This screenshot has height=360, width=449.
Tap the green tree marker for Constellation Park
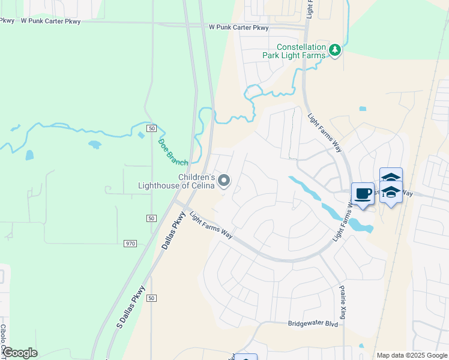tap(336, 50)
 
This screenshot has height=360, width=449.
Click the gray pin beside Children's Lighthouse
tap(224, 179)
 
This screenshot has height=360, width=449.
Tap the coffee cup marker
tap(362, 194)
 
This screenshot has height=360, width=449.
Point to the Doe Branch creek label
tap(173, 152)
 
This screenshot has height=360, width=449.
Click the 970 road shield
tap(131, 244)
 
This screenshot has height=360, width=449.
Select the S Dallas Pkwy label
tap(131, 307)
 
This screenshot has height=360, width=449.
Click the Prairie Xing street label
tap(343, 301)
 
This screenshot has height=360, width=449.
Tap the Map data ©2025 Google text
tap(411, 355)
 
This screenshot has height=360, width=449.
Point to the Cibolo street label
tap(3, 340)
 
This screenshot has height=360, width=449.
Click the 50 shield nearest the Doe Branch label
tap(152, 128)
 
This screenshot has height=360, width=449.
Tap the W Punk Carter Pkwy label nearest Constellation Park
tap(239, 28)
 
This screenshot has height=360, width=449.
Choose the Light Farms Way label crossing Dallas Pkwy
tap(210, 224)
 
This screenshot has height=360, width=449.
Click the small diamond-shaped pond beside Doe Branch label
tap(141, 135)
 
